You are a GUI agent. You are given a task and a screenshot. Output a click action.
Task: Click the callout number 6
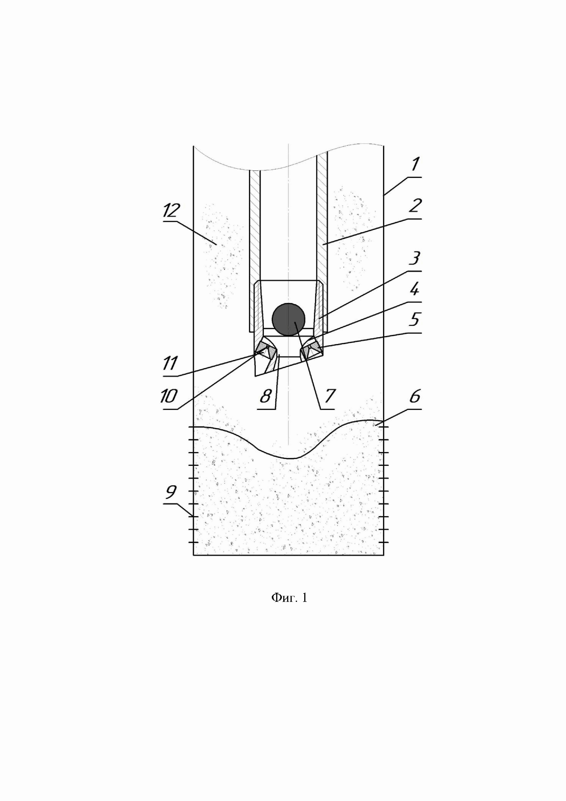tap(414, 397)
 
